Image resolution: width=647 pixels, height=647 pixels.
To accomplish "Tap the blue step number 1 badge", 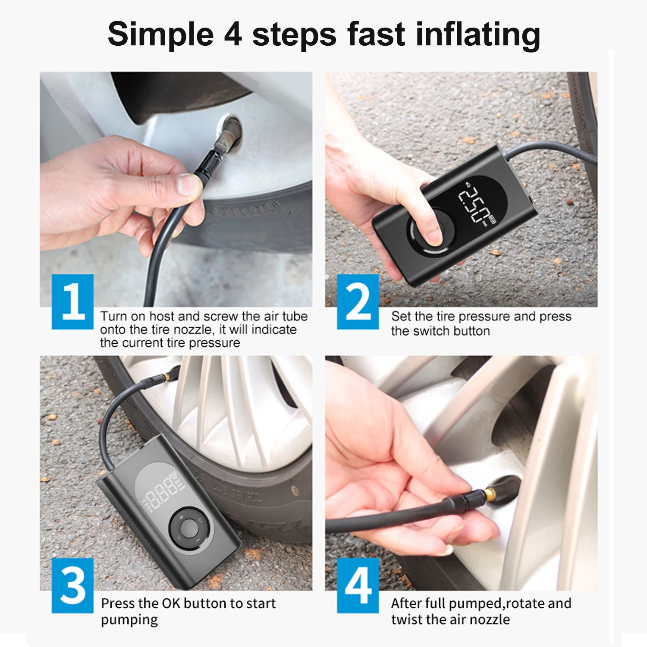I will (72, 302).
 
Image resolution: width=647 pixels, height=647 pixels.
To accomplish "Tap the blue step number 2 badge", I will (358, 302).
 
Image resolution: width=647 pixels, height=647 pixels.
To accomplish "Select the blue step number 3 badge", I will (72, 585).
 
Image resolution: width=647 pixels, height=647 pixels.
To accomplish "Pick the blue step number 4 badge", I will (358, 585).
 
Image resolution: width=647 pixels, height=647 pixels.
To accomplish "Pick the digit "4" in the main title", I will (233, 35).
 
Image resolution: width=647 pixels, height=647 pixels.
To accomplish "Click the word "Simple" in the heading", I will (160, 35).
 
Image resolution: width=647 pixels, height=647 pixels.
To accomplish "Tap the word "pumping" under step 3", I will (129, 620).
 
